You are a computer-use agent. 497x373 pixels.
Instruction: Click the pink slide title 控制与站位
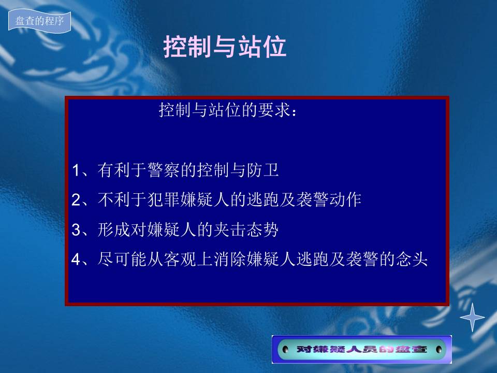click(x=225, y=47)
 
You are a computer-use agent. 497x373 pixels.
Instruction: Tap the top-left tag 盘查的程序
click(x=40, y=21)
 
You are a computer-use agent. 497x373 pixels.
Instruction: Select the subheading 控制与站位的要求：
click(x=228, y=110)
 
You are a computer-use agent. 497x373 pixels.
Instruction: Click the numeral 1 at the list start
click(x=76, y=170)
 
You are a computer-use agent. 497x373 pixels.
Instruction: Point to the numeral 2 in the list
click(x=76, y=200)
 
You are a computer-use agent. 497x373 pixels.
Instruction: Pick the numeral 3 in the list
click(x=76, y=229)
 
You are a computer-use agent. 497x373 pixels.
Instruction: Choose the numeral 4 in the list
click(x=76, y=260)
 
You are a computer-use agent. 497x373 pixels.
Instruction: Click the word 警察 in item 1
click(x=164, y=170)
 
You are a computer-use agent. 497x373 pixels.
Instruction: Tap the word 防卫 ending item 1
click(x=263, y=170)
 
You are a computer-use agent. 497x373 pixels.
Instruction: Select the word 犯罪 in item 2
click(x=164, y=199)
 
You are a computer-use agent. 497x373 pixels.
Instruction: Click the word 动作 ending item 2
click(x=345, y=199)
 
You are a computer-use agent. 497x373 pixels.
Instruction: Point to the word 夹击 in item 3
click(x=230, y=229)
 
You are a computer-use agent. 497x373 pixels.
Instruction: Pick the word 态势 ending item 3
click(x=263, y=229)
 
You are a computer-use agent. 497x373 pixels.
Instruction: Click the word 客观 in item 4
click(x=180, y=259)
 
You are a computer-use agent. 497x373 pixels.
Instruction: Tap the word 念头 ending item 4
click(x=412, y=259)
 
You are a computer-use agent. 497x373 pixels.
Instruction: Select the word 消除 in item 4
click(x=230, y=259)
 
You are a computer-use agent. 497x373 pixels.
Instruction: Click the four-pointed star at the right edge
click(x=472, y=317)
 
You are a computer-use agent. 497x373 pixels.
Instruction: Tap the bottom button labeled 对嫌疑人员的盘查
click(x=362, y=349)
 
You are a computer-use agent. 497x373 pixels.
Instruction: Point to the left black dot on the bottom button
click(x=285, y=349)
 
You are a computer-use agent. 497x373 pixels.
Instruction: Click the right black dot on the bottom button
click(x=438, y=349)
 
